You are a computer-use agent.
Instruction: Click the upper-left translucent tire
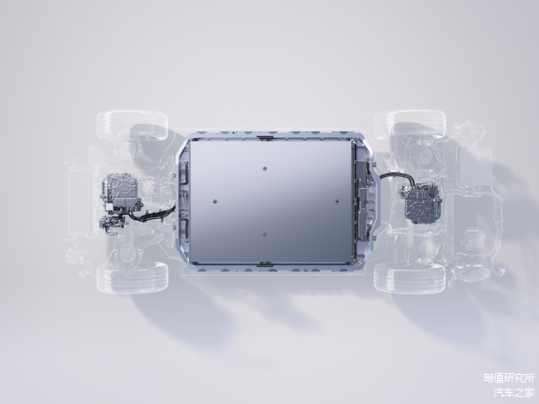click(132, 125)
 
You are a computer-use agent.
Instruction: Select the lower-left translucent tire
click(133, 277)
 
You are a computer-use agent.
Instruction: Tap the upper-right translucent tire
click(410, 124)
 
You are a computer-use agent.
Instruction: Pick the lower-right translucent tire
click(410, 278)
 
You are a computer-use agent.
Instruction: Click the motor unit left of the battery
click(121, 192)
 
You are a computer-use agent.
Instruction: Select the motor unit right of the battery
click(421, 203)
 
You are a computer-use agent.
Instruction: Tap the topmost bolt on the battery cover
click(264, 169)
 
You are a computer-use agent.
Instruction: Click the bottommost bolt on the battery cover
click(264, 235)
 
